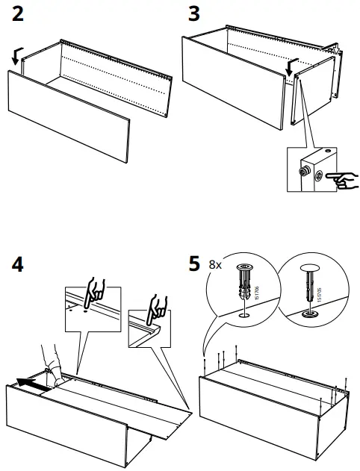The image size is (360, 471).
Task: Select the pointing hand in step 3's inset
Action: [x=344, y=178]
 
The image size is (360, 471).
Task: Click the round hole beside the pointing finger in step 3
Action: [x=320, y=176]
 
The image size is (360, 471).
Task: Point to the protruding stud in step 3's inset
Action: [x=305, y=171]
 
